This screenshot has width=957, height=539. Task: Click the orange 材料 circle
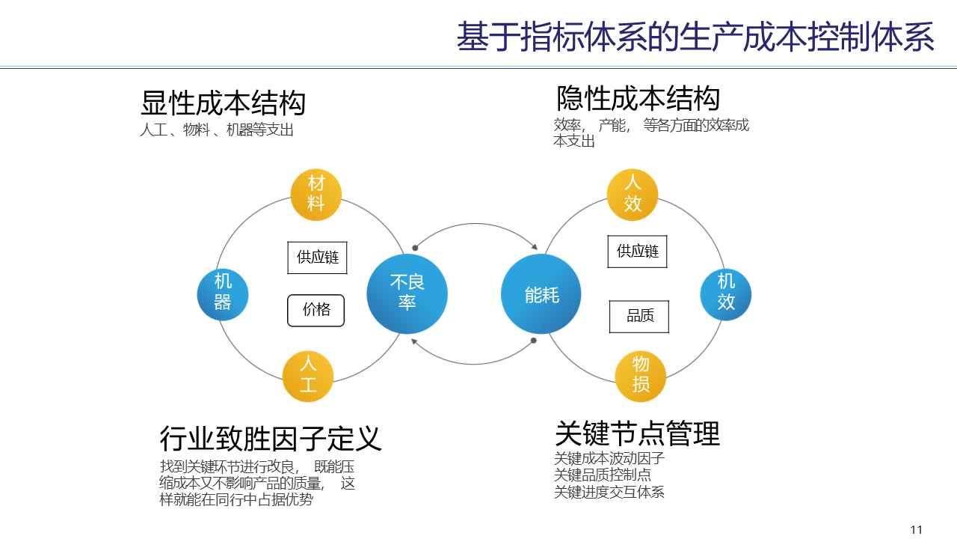coord(316,194)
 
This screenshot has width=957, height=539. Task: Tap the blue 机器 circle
coord(223,293)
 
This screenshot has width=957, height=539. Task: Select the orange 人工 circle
coord(308,376)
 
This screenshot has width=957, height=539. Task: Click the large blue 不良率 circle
coord(407,293)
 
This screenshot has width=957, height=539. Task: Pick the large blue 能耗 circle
coord(541,294)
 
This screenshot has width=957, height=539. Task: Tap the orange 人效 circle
coord(633,194)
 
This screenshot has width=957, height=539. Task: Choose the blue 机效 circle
coord(726,293)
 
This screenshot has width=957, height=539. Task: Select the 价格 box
coord(316,310)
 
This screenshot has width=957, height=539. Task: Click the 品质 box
coord(639,317)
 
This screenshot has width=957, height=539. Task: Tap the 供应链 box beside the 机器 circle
coord(318,258)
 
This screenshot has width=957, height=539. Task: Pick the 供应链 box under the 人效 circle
coord(637,252)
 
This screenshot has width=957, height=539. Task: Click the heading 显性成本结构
coord(224,103)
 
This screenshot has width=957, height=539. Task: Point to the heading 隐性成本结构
coord(638,99)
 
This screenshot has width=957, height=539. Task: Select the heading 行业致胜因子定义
coord(271,438)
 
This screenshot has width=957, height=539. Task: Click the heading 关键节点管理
coord(637,433)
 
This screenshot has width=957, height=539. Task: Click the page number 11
coord(917,530)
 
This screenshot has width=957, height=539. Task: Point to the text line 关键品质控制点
coord(603,475)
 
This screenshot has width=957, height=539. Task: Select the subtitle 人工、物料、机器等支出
coord(217,130)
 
